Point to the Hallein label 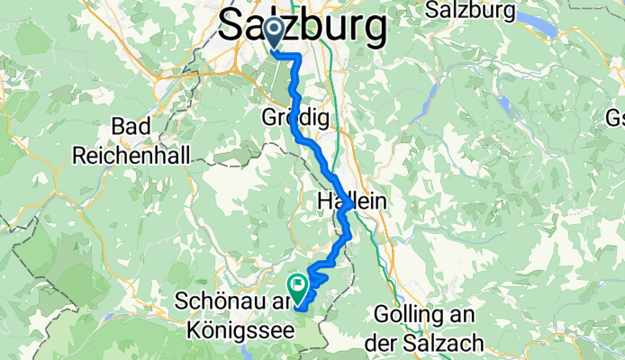[352, 203]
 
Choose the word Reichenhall [131, 155]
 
